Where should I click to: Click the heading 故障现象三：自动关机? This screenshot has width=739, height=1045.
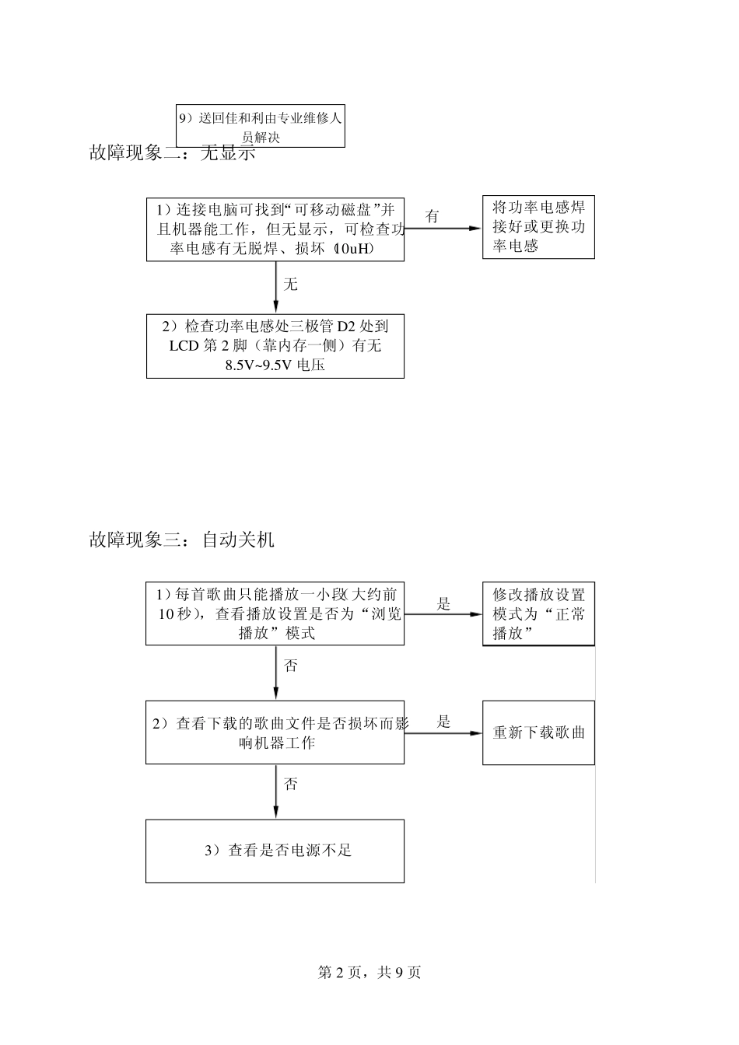point(181,539)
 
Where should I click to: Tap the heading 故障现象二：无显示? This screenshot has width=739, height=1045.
point(172,153)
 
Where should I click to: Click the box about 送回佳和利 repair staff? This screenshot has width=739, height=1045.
point(260,126)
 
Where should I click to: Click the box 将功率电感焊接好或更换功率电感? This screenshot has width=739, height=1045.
point(538,227)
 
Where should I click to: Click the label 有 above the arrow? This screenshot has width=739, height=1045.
point(433,216)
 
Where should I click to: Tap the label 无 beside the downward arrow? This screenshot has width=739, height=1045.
point(290,285)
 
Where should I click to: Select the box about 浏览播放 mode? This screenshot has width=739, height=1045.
point(275,613)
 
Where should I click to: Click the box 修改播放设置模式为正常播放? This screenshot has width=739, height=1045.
point(538,613)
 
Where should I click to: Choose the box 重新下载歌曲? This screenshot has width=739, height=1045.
point(538,732)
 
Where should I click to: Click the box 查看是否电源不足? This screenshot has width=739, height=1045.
point(275,851)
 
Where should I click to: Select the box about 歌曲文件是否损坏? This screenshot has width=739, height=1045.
point(275,732)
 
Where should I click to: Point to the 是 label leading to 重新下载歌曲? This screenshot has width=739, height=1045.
point(443,721)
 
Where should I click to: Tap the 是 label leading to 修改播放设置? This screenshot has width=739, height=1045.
point(443,603)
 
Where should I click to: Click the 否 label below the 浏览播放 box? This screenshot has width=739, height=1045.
point(290,666)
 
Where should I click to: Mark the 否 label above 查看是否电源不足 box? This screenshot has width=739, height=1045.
point(290,784)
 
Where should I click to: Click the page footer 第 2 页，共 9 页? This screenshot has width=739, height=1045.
point(369,972)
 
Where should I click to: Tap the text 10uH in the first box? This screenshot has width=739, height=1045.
point(353,249)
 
